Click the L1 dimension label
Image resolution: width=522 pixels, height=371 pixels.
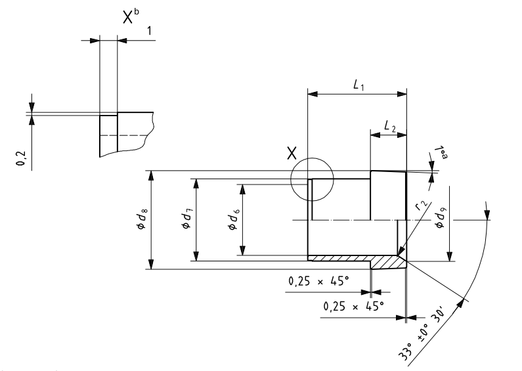(359, 85)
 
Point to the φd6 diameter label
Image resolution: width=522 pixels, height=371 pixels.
(232, 219)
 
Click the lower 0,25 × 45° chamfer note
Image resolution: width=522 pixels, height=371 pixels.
(353, 305)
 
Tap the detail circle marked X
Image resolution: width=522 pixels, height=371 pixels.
(313, 179)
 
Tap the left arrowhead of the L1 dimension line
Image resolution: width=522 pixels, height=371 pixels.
(312, 95)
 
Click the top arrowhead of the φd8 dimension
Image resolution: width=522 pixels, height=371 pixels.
(152, 176)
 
